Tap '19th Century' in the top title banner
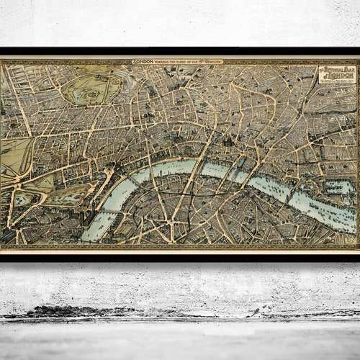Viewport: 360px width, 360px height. point(209,63)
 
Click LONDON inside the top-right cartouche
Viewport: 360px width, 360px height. point(338,76)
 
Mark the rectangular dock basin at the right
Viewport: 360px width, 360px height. point(338,187)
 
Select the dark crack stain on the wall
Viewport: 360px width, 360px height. point(58,311)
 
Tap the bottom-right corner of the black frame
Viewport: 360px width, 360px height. point(358,259)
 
